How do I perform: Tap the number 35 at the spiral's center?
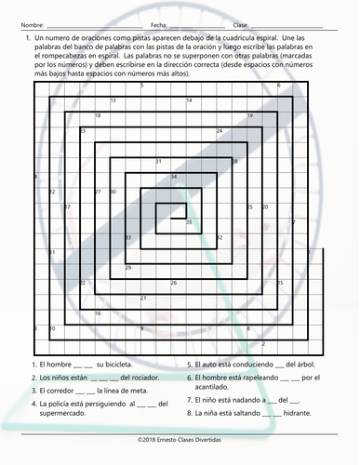(x=189, y=222)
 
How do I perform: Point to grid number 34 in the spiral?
(x=174, y=175)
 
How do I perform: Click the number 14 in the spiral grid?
(x=189, y=100)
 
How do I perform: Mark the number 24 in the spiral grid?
(x=220, y=131)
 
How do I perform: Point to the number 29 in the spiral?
(x=128, y=267)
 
